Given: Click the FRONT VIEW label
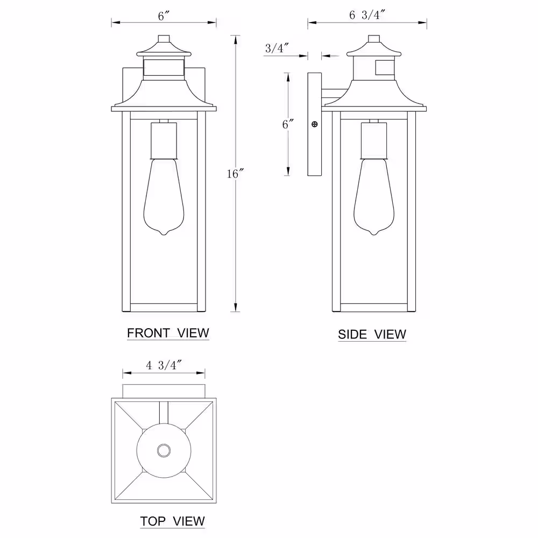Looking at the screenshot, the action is (168, 333).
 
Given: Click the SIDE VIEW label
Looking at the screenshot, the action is (372, 334).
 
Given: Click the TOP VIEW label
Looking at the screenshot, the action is (172, 521).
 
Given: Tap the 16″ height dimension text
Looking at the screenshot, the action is (235, 174).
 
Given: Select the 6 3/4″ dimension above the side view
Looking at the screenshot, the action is (367, 15).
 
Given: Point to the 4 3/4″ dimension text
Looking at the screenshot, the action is (164, 365).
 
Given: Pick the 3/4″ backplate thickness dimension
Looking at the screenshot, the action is (277, 48).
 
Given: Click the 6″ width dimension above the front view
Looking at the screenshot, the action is (164, 16).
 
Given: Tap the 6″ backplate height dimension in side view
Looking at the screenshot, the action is (288, 124).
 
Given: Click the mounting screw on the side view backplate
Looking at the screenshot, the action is (314, 124).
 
